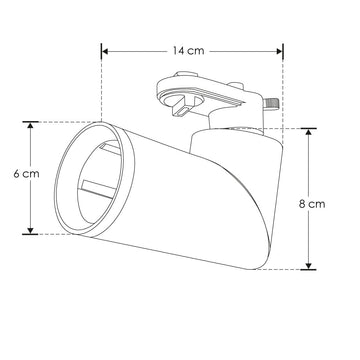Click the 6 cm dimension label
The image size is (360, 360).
[27, 173]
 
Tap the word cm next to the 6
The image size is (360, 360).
[32, 173]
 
